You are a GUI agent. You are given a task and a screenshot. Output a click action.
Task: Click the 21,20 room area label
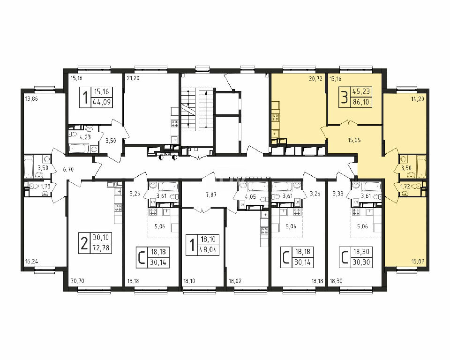pyautogui.click(x=133, y=78)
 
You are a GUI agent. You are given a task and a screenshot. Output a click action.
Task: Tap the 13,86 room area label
pyautogui.click(x=31, y=99)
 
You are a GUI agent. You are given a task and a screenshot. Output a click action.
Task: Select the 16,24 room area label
pyautogui.click(x=31, y=262)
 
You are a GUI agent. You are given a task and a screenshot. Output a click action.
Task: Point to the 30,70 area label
pyautogui.click(x=77, y=281)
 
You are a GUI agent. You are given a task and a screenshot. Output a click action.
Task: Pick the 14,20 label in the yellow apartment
pyautogui.click(x=418, y=99)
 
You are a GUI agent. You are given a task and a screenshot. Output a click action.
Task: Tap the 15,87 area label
pyautogui.click(x=418, y=262)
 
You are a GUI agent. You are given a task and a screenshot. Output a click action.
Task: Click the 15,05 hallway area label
pyautogui.click(x=354, y=140)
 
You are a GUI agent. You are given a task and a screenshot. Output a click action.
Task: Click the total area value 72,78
pyautogui.click(x=101, y=247)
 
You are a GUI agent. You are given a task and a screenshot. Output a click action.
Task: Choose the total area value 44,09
pyautogui.click(x=102, y=102)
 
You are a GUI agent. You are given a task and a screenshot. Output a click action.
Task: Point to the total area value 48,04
pyautogui.click(x=209, y=249)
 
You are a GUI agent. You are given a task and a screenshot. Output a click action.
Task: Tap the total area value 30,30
pyautogui.click(x=361, y=262)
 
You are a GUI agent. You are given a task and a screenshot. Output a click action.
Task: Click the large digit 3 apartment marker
pyautogui.click(x=344, y=97)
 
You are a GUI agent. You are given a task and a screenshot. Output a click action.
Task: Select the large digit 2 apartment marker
pyautogui.click(x=84, y=243)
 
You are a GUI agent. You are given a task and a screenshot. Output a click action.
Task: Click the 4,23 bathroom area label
pyautogui.click(x=85, y=137)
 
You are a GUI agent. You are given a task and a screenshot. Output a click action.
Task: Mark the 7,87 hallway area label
pyautogui.click(x=211, y=195)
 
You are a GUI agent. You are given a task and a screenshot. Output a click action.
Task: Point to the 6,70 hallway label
pyautogui.click(x=68, y=169)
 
